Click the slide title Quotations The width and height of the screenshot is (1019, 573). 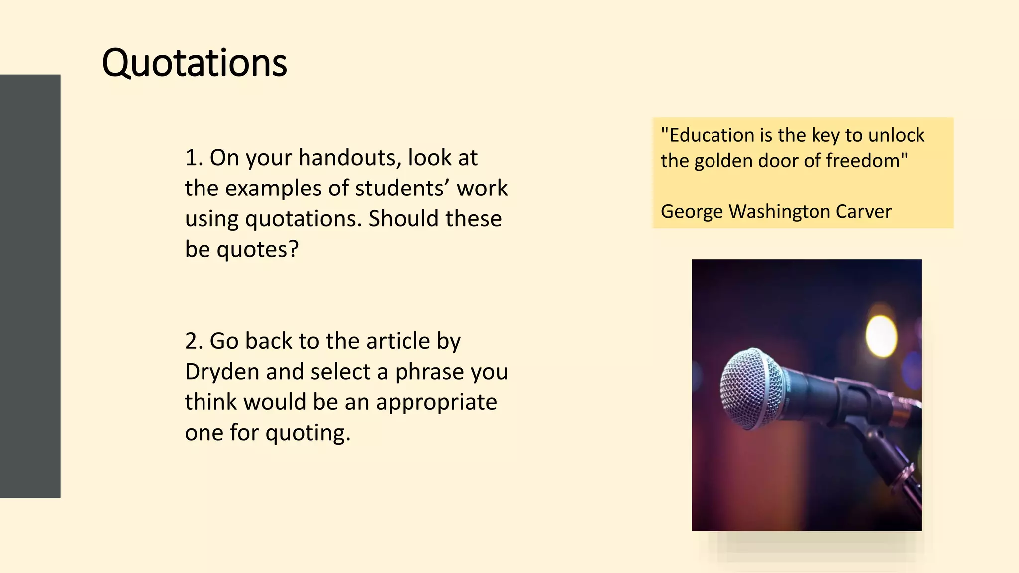(x=194, y=63)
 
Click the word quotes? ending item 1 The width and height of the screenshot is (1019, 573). (x=257, y=249)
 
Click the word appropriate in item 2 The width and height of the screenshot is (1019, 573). (x=436, y=402)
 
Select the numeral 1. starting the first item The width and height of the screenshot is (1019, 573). (x=194, y=158)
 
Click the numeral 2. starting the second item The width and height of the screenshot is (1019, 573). (x=194, y=341)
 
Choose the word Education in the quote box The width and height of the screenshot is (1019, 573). (x=712, y=135)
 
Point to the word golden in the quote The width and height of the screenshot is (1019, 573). (x=721, y=161)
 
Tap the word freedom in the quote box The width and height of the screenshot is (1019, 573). (x=864, y=161)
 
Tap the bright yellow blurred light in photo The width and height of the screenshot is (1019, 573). (x=881, y=334)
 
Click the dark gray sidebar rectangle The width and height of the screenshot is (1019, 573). (x=30, y=286)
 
